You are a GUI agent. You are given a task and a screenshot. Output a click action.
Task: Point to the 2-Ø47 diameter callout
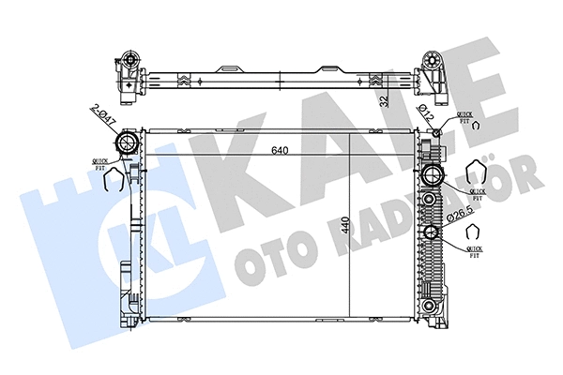pos(103,115)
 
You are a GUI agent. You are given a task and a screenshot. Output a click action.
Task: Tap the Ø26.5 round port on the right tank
pos(432,234)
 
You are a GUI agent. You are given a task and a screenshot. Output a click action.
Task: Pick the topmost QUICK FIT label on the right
pos(466,116)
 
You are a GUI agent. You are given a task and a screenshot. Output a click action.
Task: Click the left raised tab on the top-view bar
pos(229,68)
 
